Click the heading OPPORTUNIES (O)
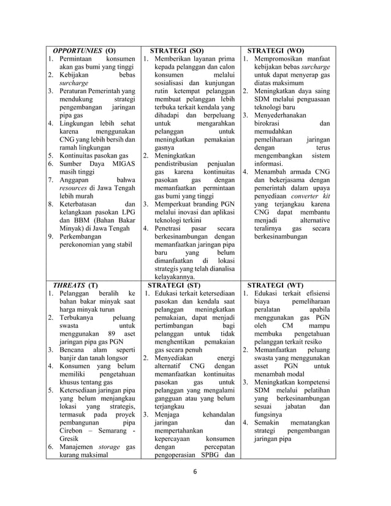pos(84,50)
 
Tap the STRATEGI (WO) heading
pos(275,50)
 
